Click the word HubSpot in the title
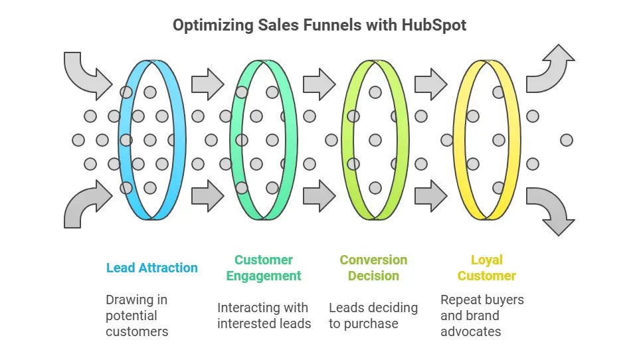[x=434, y=25]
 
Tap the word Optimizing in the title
[x=213, y=25]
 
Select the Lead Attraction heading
[x=152, y=268]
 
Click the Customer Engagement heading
[x=264, y=268]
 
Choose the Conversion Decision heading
[x=374, y=268]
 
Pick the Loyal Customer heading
[x=487, y=268]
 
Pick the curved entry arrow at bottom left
[x=84, y=206]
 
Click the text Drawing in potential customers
[x=137, y=315]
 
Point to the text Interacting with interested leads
[x=264, y=315]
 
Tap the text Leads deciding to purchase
[x=373, y=315]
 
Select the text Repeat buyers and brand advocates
[x=482, y=315]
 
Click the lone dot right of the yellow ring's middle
[x=567, y=140]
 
